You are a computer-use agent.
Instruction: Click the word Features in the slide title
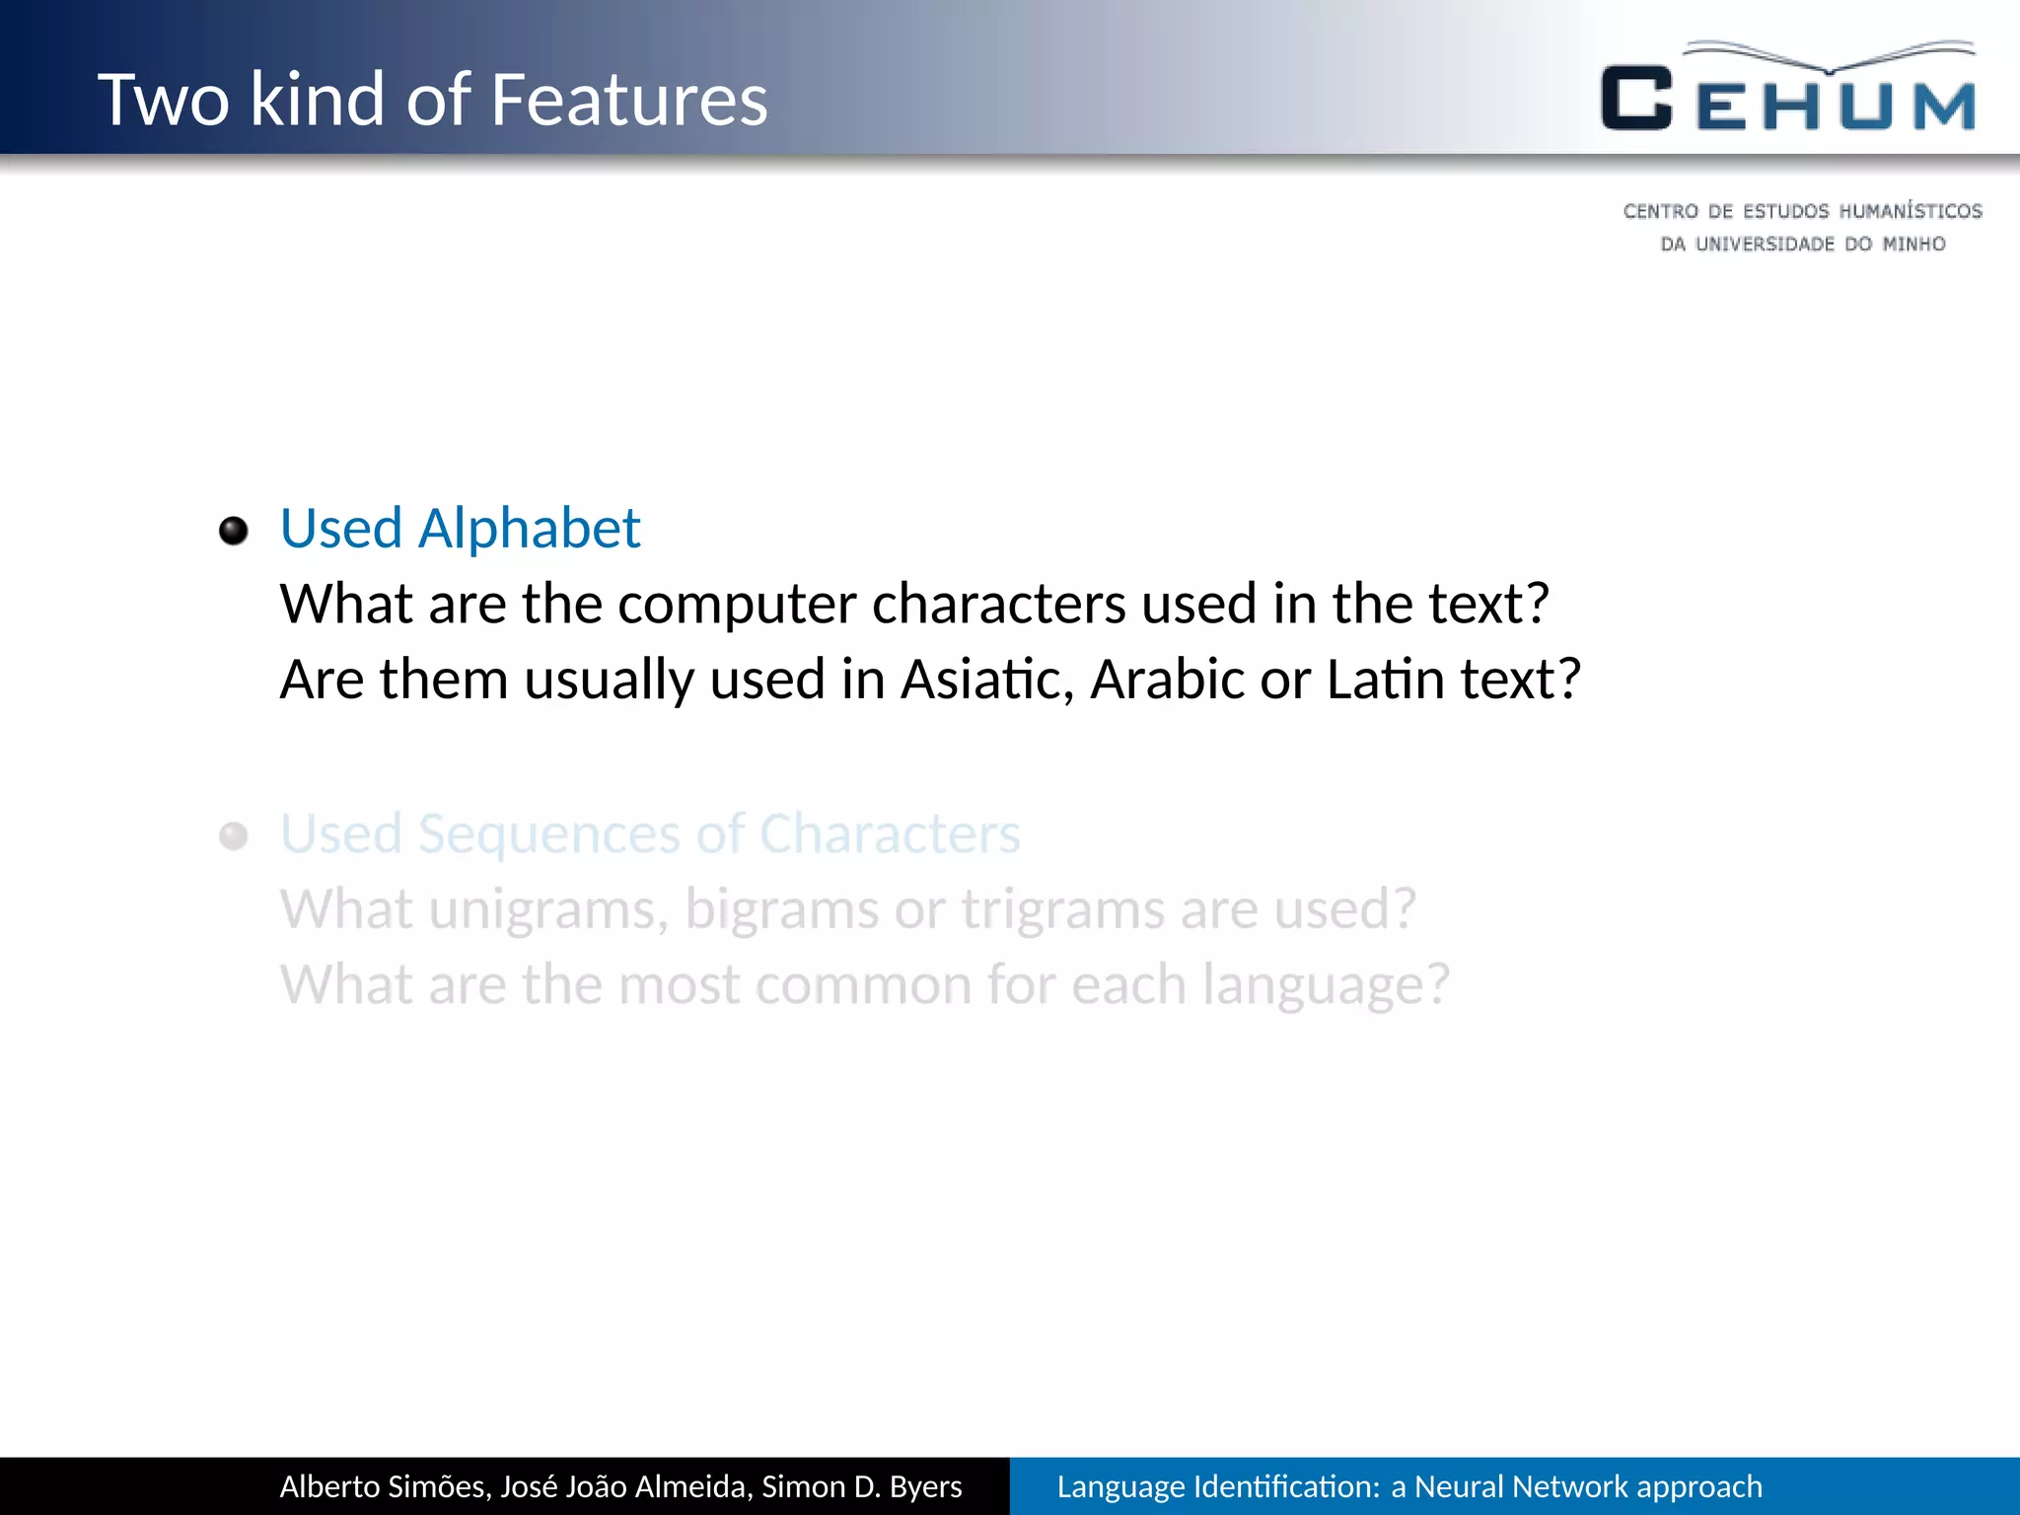point(628,100)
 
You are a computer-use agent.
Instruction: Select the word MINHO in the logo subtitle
point(1912,244)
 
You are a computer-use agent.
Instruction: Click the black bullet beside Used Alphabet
point(234,531)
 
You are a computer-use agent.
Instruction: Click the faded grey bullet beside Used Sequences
point(234,836)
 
